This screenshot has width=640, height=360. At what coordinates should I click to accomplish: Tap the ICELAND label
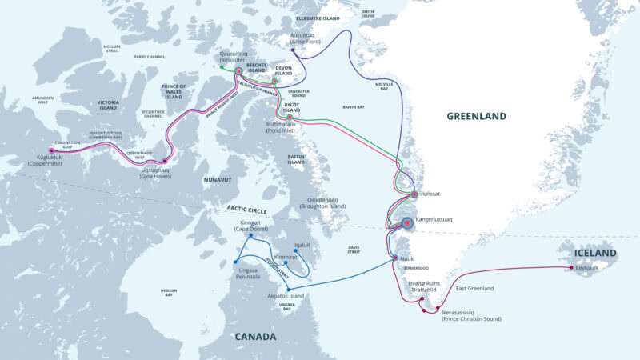(x=595, y=254)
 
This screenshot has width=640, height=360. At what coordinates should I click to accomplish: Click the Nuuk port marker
(x=395, y=258)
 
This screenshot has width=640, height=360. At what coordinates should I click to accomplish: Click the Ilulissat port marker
(x=413, y=194)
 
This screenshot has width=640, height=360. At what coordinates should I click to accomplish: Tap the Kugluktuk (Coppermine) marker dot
(x=52, y=150)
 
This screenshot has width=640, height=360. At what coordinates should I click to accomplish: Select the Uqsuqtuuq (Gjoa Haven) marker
(x=165, y=161)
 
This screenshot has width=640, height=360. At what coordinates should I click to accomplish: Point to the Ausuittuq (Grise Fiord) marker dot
(x=293, y=50)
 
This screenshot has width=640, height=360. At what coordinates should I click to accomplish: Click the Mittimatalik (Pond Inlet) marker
(x=290, y=117)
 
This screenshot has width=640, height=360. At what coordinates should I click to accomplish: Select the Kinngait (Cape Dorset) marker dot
(x=251, y=236)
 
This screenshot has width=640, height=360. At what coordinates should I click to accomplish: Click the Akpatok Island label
(x=286, y=296)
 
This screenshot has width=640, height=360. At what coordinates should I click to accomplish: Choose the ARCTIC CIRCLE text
(x=246, y=210)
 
